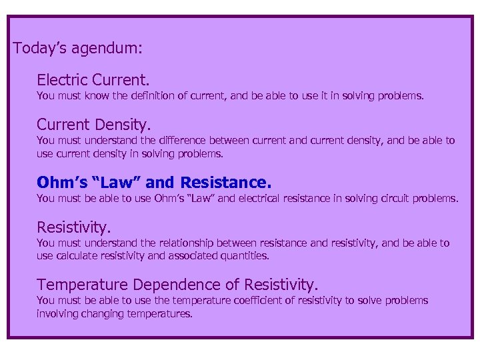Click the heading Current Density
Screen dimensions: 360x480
(94, 125)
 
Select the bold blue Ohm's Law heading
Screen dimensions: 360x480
(154, 182)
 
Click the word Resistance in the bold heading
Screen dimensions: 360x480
(226, 182)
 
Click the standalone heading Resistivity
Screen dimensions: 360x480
(74, 227)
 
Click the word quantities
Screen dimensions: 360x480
(247, 255)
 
